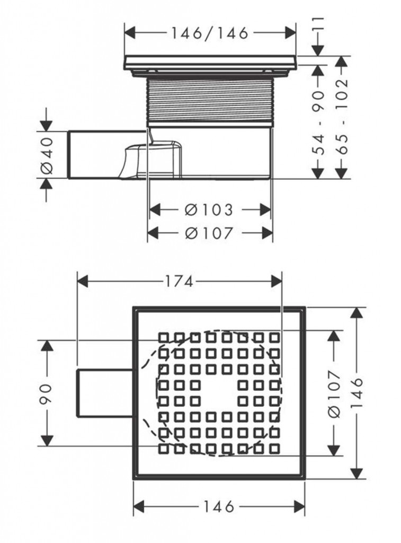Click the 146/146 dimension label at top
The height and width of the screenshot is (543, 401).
[210, 33]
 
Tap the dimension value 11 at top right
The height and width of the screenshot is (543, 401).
[318, 25]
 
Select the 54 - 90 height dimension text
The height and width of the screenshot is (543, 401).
[318, 122]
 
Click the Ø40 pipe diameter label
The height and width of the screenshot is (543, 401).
[47, 155]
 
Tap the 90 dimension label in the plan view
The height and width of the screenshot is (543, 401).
[47, 393]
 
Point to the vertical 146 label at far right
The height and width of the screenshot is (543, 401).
[358, 393]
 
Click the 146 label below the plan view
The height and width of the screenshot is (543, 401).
[219, 507]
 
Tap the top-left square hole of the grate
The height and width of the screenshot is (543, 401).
[164, 337]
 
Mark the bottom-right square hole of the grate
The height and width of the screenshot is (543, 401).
[274, 449]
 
